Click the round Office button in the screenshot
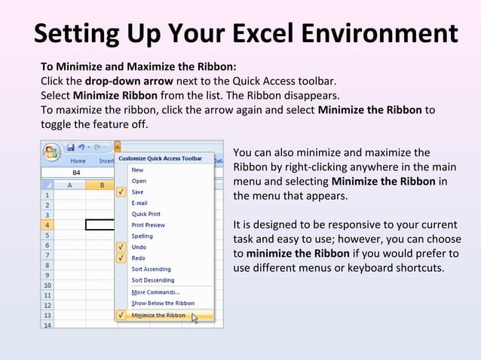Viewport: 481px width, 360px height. pos(51,149)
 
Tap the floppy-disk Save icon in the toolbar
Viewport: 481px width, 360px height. pos(70,147)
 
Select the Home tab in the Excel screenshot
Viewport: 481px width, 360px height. pos(78,160)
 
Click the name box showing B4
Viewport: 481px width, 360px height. pos(75,172)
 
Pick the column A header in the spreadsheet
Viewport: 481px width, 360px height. pos(70,185)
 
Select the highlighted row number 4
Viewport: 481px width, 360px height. pos(47,224)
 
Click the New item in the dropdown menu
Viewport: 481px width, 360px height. pos(138,170)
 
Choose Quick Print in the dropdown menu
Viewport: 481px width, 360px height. pos(146,214)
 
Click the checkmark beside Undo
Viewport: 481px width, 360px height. pos(121,247)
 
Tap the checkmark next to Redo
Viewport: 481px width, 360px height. pos(121,258)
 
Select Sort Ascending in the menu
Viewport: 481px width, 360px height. pos(151,269)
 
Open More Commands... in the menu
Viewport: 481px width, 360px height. pos(155,292)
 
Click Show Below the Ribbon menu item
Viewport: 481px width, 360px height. pos(163,303)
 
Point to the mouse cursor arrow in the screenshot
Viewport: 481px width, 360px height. pos(194,318)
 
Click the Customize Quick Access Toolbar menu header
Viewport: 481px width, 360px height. pos(160,159)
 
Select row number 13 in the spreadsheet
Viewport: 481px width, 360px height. pos(47,316)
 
